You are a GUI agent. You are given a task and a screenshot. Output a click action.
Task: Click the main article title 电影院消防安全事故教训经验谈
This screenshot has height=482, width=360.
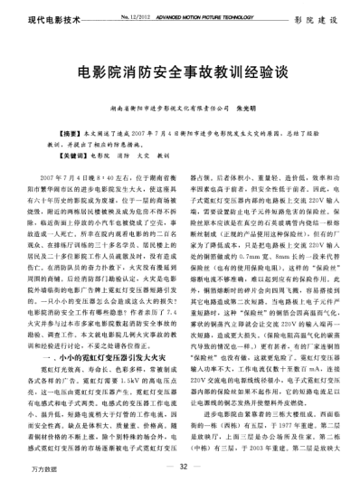(x=179, y=71)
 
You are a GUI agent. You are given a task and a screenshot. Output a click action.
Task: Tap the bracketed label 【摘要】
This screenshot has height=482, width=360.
(x=43, y=133)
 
